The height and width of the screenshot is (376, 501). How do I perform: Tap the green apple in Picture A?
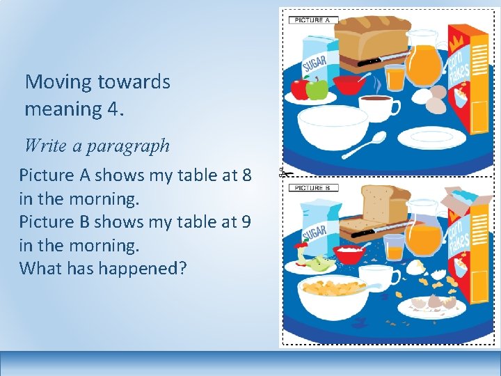coord(317,89)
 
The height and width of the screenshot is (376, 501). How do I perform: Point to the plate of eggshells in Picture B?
coord(431,305)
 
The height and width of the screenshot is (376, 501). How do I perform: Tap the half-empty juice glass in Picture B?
coord(394,247)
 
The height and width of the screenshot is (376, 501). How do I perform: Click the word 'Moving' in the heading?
coord(58,82)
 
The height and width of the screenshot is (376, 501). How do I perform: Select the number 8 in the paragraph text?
coord(246,175)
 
